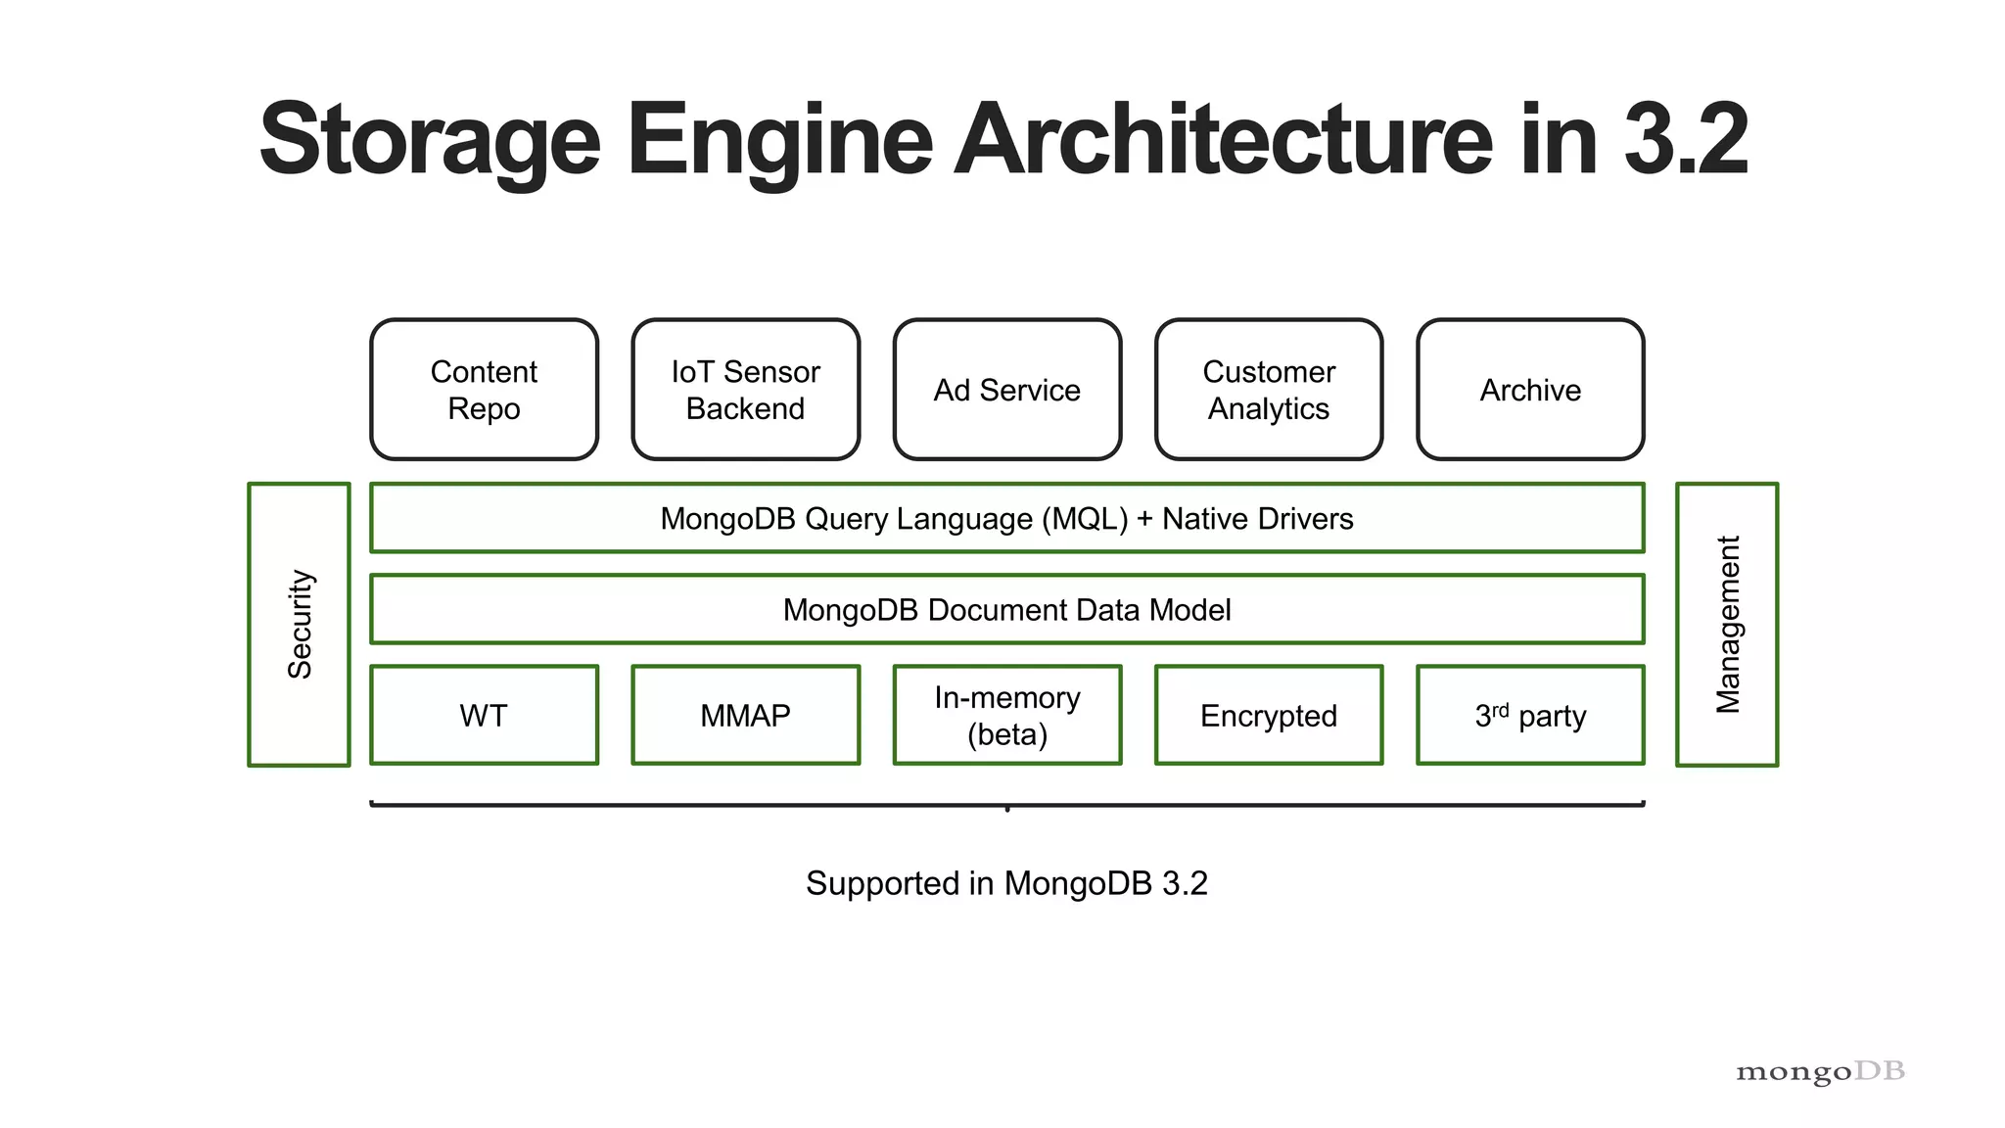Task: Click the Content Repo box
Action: [484, 390]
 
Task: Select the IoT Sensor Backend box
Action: [745, 390]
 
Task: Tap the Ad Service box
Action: [1006, 390]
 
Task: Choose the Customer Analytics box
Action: [1268, 390]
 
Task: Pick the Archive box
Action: [1529, 390]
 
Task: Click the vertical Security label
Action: [300, 625]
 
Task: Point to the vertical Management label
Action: [1727, 625]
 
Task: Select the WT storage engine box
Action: [484, 716]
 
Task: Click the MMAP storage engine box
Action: [745, 716]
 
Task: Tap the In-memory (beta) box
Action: [1006, 716]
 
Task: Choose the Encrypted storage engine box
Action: [1268, 716]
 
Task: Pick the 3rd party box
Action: [1529, 716]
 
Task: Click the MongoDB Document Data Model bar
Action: [1006, 610]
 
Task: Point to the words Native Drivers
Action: [1257, 519]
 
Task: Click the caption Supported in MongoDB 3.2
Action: [1006, 883]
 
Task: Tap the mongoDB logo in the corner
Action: [1820, 1071]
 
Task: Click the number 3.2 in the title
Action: [1685, 139]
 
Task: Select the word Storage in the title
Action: [430, 139]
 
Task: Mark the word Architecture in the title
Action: [1224, 139]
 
